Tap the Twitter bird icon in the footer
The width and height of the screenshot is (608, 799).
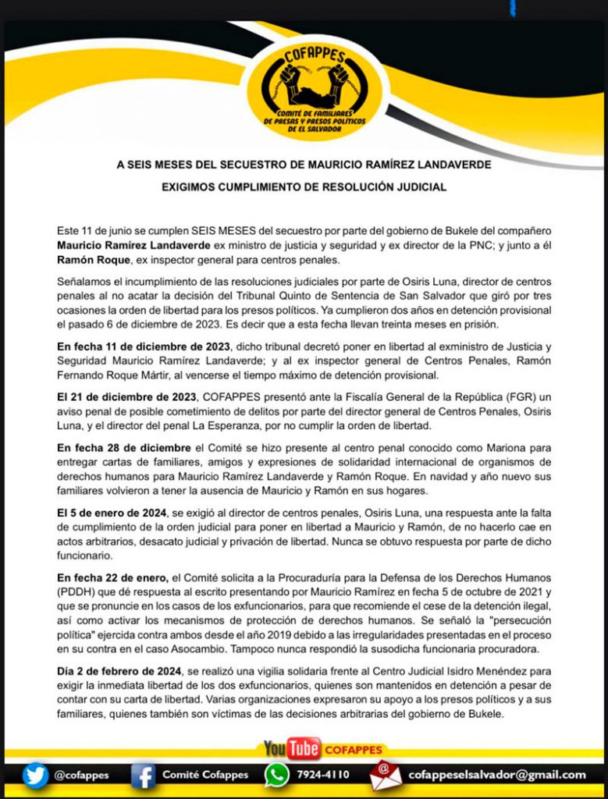(x=35, y=775)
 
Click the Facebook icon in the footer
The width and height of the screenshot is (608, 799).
(x=143, y=775)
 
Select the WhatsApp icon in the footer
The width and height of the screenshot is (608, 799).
(x=276, y=775)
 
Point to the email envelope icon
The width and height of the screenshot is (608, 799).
(x=386, y=775)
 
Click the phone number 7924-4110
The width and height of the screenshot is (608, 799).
(x=323, y=775)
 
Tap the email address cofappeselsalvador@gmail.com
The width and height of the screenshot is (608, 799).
(x=497, y=775)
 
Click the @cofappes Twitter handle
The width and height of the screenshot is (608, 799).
(x=81, y=775)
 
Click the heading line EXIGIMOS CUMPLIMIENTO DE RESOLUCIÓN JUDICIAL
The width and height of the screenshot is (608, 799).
(x=304, y=187)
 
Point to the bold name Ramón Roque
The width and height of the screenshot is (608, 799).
(x=90, y=259)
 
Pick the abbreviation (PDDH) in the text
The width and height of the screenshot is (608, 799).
(x=76, y=591)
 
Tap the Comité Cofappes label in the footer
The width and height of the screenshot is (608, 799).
(x=205, y=775)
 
